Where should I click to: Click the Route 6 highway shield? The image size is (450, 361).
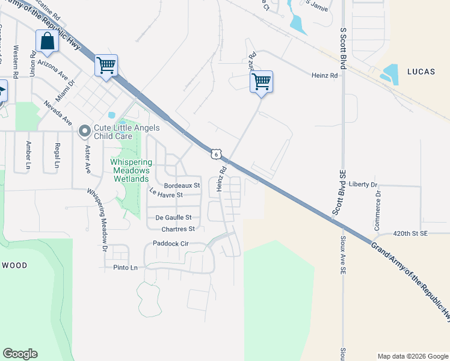pyautogui.click(x=216, y=155)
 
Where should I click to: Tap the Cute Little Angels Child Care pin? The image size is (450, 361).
pyautogui.click(x=85, y=130)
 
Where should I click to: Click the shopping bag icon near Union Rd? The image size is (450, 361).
pyautogui.click(x=47, y=42)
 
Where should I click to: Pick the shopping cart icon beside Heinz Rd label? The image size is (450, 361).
pyautogui.click(x=262, y=81)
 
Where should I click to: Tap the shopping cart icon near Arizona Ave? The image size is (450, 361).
pyautogui.click(x=106, y=65)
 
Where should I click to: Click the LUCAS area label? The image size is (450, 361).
pyautogui.click(x=421, y=72)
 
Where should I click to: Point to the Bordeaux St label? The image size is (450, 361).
pyautogui.click(x=182, y=185)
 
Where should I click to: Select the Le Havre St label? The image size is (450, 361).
pyautogui.click(x=166, y=193)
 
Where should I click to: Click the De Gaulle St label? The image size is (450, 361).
pyautogui.click(x=173, y=217)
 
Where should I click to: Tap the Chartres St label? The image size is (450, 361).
pyautogui.click(x=178, y=229)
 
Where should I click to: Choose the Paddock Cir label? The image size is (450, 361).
pyautogui.click(x=171, y=244)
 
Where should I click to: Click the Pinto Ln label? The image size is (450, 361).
pyautogui.click(x=126, y=267)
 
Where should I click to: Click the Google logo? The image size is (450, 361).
pyautogui.click(x=20, y=354)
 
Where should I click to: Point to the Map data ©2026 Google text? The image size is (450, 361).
pyautogui.click(x=412, y=356)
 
